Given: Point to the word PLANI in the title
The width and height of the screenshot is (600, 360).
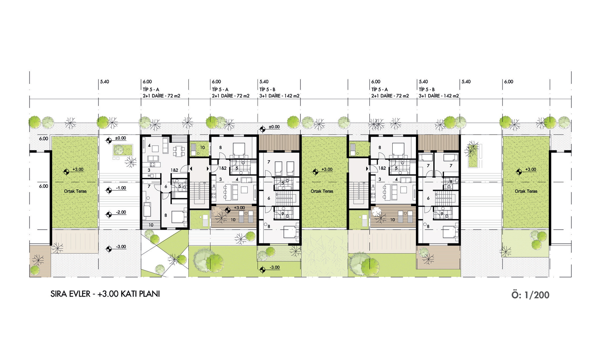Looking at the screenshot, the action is click(150, 294).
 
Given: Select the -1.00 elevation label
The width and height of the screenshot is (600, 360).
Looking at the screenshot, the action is click(121, 188).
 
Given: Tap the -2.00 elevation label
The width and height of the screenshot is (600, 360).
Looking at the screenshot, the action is click(121, 213).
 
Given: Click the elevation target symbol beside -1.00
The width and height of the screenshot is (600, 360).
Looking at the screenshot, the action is click(109, 191).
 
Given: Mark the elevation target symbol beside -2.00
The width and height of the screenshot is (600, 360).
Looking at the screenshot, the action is click(109, 215).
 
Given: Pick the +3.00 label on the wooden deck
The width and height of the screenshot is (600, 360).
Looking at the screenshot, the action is click(239, 208).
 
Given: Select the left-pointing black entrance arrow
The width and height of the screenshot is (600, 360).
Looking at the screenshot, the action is click(191, 169).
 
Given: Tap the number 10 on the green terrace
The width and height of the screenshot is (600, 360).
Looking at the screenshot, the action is click(203, 148).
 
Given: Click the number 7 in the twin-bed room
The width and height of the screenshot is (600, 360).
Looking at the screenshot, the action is click(269, 162).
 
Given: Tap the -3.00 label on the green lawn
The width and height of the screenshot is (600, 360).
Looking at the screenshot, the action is click(274, 268).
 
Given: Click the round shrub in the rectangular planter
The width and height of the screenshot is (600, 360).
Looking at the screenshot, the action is click(119, 149).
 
